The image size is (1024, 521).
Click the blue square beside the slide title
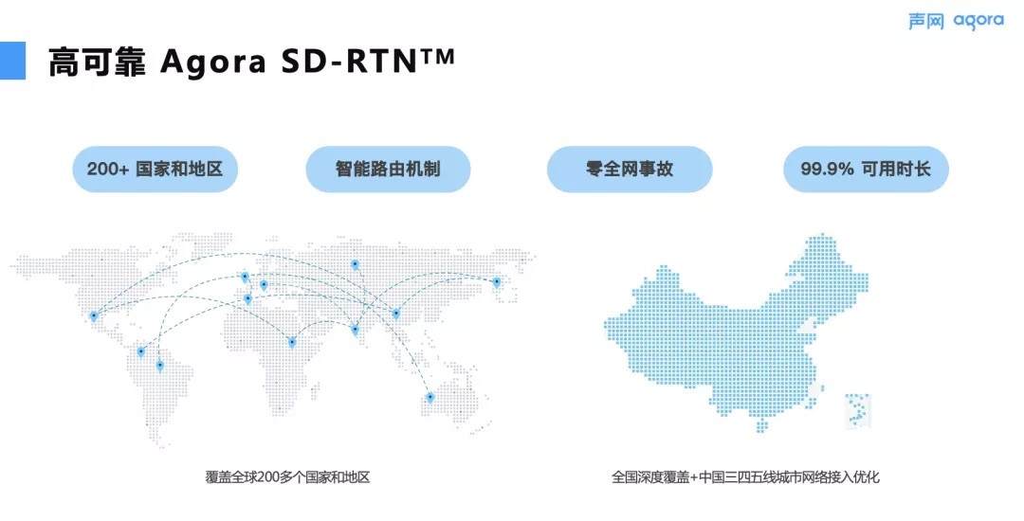(12, 61)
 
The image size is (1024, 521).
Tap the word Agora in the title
(213, 63)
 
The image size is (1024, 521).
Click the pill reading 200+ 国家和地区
(155, 169)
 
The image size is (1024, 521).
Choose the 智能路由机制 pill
(388, 169)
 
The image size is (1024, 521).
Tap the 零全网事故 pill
(630, 169)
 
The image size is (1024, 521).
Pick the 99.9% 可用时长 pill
(866, 169)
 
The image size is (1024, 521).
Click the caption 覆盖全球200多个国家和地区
(287, 477)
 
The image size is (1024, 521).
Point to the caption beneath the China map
(745, 477)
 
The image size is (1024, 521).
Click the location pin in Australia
(430, 397)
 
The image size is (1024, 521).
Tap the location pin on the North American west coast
(93, 316)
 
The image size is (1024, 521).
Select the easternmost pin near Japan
(496, 282)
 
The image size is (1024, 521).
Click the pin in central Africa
(292, 342)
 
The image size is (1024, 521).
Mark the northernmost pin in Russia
(355, 264)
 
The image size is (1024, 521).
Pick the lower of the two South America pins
(159, 366)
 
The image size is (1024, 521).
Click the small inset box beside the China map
(858, 411)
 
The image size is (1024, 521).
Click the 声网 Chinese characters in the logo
(926, 22)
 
